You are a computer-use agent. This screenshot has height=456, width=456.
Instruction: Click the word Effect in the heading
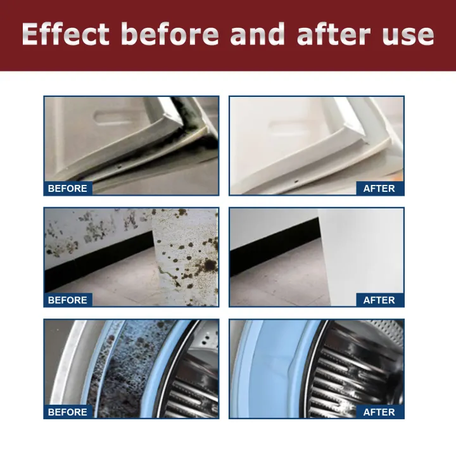[66, 34]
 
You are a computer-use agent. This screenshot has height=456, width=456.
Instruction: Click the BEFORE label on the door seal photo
[68, 188]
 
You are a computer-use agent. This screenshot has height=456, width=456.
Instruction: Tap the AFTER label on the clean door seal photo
[379, 188]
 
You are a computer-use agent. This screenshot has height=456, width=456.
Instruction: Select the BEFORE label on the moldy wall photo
[68, 300]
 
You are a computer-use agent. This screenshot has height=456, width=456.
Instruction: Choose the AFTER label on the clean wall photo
[379, 300]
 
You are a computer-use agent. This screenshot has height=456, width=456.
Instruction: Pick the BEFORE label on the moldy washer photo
[68, 412]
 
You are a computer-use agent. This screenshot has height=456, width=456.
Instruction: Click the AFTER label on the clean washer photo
[379, 412]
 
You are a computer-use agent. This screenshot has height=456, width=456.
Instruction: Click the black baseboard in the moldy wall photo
[95, 260]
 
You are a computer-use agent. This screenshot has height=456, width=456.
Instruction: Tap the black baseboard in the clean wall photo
[272, 256]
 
